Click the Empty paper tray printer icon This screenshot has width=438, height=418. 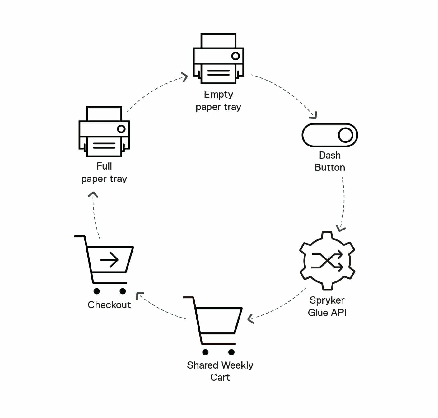click(218, 58)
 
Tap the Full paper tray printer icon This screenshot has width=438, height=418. click(104, 132)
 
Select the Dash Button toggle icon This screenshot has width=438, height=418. click(330, 135)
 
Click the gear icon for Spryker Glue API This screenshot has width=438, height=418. click(327, 261)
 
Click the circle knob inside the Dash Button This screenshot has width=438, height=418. click(345, 135)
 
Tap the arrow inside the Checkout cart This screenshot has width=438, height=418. click(109, 259)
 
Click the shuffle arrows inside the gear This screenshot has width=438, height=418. click(327, 261)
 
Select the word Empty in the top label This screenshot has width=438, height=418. click(218, 94)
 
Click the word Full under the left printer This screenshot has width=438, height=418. click(104, 166)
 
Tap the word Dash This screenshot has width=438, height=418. click(330, 155)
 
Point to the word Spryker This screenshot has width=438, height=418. click(327, 300)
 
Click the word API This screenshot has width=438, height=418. click(338, 313)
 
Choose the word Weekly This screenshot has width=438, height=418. click(237, 365)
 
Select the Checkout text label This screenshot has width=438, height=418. click(109, 305)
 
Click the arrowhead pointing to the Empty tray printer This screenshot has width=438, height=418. click(185, 77)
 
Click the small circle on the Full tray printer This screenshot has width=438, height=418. click(121, 129)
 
